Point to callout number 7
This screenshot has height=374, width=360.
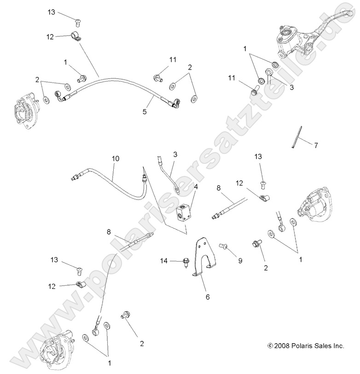[316, 146]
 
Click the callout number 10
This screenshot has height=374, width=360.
[115, 158]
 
